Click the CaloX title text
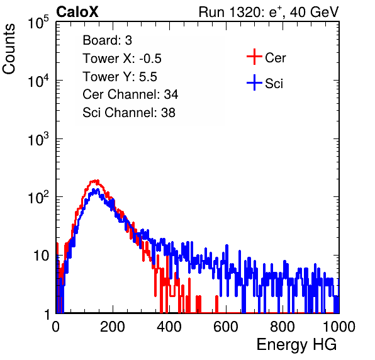point(77,12)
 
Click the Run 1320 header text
point(269,12)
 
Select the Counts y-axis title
point(9,49)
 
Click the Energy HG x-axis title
point(297,345)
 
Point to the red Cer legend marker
point(254,57)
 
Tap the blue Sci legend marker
point(254,82)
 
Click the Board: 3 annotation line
point(107,40)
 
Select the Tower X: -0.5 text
point(122,59)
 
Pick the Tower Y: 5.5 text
point(120,77)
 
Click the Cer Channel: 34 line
point(130,94)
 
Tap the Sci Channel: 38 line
point(129,113)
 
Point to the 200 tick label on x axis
point(113,327)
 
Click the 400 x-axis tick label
point(169,327)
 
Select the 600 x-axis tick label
point(226,327)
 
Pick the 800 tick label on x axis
point(283,327)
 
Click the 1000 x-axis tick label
point(339,327)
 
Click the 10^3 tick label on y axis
point(38,139)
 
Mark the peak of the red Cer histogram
point(95,181)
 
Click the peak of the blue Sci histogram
point(96,189)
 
